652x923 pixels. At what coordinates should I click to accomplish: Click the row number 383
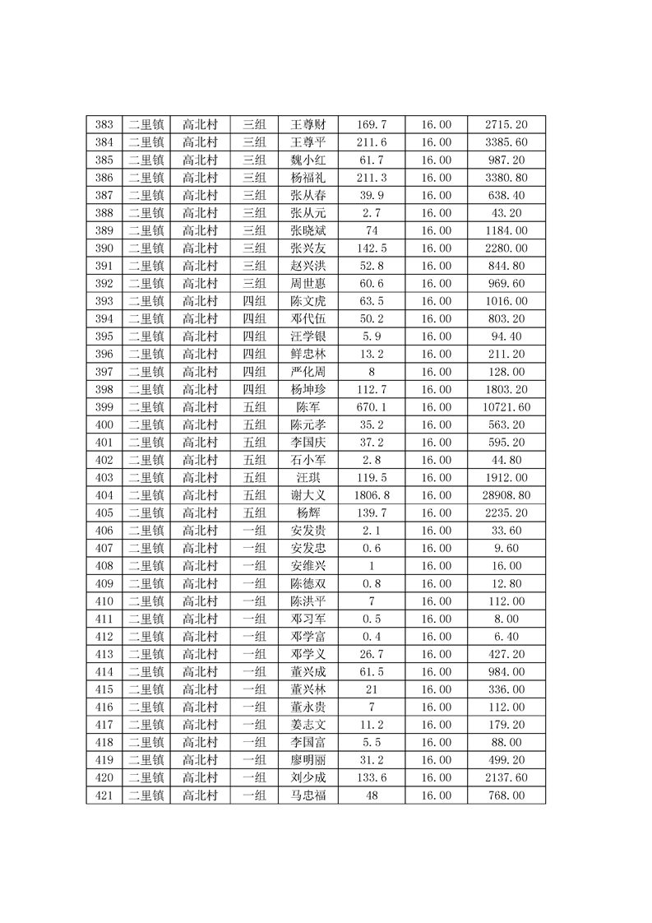coord(104,125)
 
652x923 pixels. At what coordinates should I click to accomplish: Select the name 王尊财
coord(309,125)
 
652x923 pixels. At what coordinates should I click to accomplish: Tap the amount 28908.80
coord(506,495)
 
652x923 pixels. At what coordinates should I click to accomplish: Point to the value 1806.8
coord(372,495)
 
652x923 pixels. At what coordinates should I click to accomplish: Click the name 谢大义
coord(309,495)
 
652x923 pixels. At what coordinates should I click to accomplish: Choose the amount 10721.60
coord(506,407)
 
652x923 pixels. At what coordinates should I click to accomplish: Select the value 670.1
coord(372,407)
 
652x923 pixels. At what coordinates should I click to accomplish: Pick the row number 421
coord(104,795)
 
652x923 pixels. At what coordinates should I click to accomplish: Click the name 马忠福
coord(309,795)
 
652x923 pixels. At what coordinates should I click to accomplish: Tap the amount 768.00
coord(506,795)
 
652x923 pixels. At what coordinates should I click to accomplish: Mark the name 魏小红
coord(309,160)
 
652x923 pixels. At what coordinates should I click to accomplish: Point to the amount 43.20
coord(506,213)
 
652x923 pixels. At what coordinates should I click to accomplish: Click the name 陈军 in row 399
coord(309,407)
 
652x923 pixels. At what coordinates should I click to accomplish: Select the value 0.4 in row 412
coord(372,637)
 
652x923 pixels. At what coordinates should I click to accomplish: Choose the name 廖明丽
coord(309,760)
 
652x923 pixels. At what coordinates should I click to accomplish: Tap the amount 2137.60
coord(506,777)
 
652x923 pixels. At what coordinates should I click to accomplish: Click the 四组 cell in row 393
coord(255,301)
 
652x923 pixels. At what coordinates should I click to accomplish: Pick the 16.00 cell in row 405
coord(436,513)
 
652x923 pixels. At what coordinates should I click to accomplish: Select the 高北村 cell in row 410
coord(200,601)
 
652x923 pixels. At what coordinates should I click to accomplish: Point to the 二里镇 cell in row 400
coord(146,424)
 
